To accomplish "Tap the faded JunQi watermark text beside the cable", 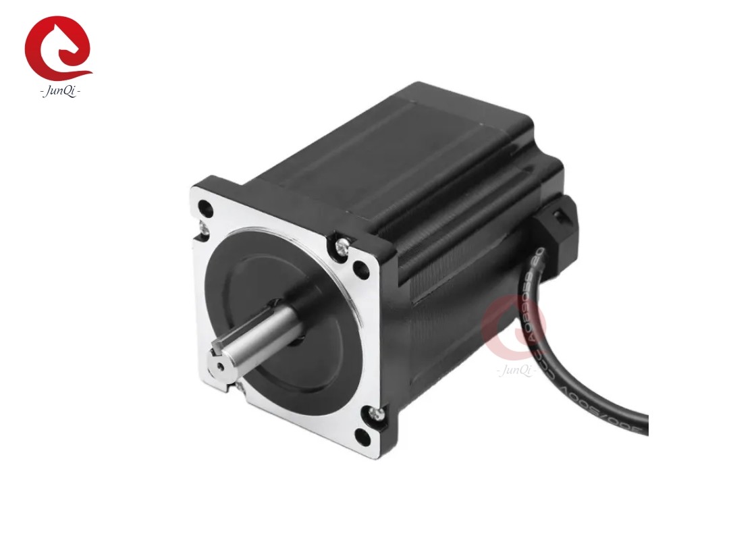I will click(516, 371).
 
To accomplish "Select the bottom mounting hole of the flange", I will click(363, 437).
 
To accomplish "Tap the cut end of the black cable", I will click(645, 425).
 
